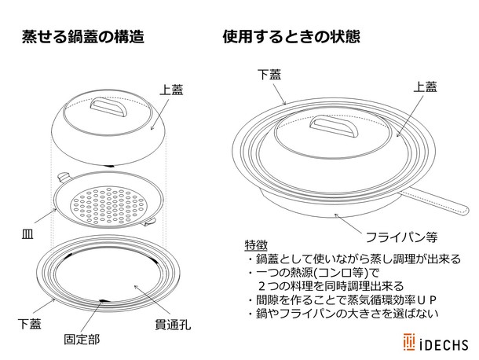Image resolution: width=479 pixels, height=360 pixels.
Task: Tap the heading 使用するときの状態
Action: coord(291,36)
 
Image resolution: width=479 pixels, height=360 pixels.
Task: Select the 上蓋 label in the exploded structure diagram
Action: coord(170,90)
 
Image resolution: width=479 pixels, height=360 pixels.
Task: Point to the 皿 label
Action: coord(25,234)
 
